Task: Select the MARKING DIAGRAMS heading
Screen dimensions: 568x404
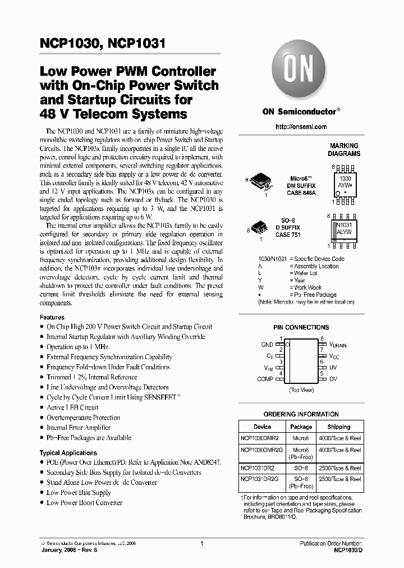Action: (344, 150)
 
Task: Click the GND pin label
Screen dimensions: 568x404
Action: (267, 345)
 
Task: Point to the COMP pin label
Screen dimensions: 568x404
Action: (265, 379)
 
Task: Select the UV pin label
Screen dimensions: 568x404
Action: (333, 368)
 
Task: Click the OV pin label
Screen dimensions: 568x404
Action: (333, 379)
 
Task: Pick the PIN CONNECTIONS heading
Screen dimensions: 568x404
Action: (301, 327)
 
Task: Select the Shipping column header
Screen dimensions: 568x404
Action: (338, 427)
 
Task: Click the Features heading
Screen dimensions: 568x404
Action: (52, 317)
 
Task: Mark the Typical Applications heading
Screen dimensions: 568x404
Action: (68, 452)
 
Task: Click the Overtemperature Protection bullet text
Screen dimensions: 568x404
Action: (83, 418)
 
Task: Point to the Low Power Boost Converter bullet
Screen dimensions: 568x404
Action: (84, 502)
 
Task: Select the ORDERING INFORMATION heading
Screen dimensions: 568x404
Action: (301, 414)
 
